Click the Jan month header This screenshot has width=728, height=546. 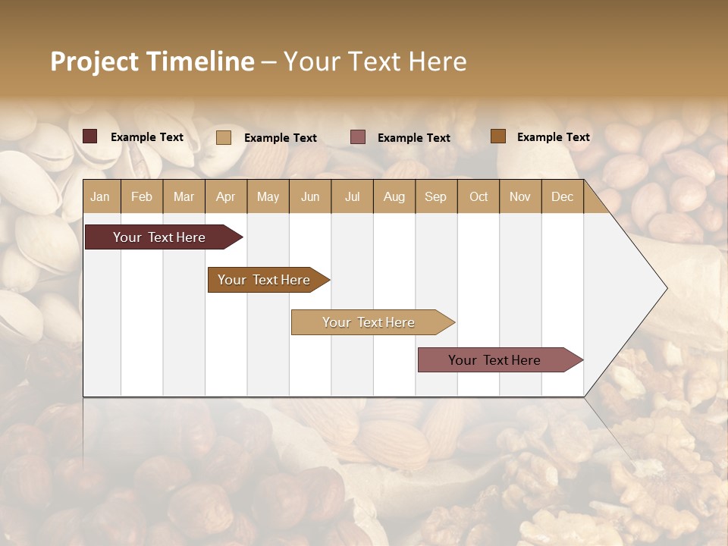click(x=101, y=196)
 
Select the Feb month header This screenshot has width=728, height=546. click(x=142, y=196)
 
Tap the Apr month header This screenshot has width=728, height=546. click(x=225, y=196)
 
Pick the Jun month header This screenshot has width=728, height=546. click(x=310, y=196)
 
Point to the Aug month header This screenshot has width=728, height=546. click(x=394, y=196)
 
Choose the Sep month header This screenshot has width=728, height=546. click(x=435, y=196)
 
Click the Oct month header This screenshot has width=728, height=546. click(x=479, y=196)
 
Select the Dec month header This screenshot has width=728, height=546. click(x=562, y=196)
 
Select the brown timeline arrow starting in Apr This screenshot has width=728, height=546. click(x=265, y=280)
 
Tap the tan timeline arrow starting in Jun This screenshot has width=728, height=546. click(x=370, y=322)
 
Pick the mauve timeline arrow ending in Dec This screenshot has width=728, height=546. click(x=497, y=360)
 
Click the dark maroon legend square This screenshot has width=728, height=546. click(x=90, y=136)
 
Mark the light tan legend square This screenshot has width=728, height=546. click(x=224, y=137)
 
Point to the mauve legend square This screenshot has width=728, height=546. click(x=358, y=136)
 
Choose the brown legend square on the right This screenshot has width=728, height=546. click(x=498, y=136)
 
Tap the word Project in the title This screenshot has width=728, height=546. click(x=94, y=61)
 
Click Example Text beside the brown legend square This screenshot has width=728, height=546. click(x=553, y=136)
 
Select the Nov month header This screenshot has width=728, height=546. click(x=520, y=196)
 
